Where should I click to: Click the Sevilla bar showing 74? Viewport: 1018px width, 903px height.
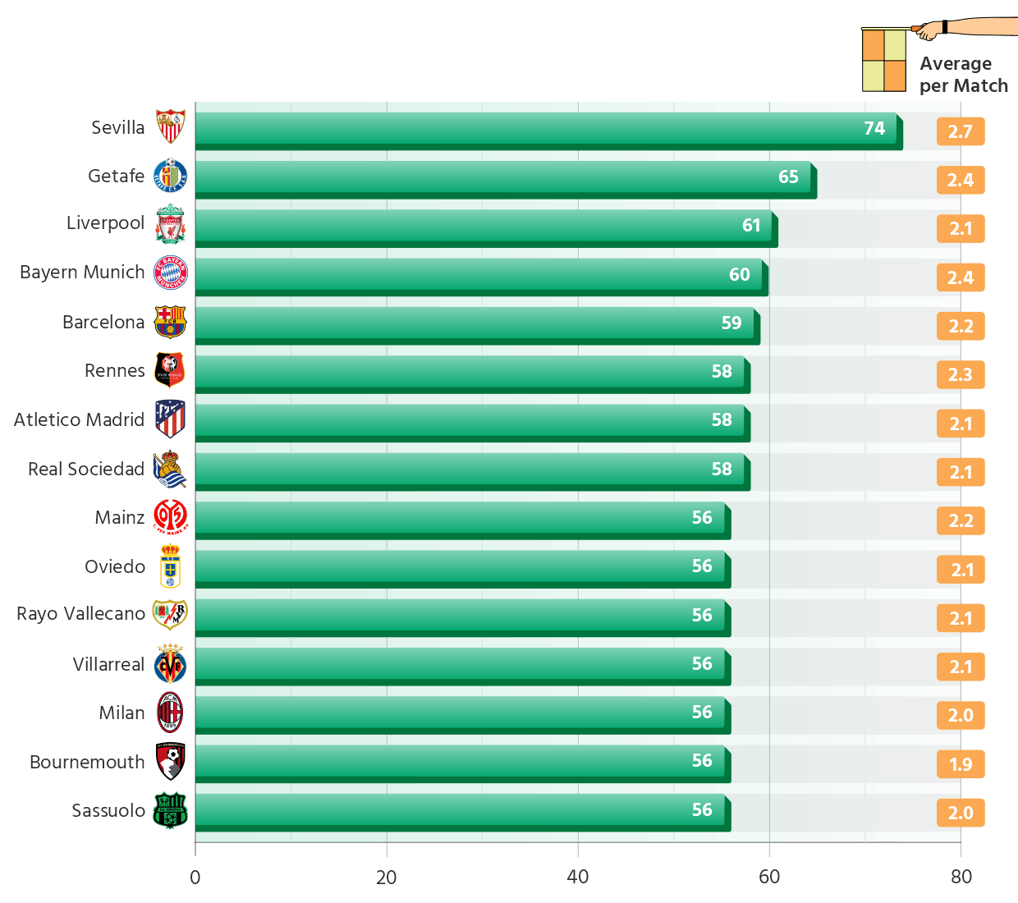546,128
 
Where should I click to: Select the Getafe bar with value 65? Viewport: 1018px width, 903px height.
502,176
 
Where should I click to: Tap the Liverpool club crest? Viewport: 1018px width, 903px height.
171,224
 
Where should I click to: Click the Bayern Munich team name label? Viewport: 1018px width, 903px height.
82,273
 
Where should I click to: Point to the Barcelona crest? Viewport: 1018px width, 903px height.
171,322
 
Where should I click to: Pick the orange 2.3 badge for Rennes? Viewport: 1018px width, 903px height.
960,375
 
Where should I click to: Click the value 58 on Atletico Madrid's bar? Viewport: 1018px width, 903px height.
722,420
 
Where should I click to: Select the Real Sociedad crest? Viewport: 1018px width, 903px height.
170,469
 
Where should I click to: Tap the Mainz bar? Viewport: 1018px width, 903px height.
460,518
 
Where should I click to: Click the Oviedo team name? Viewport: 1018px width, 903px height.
115,566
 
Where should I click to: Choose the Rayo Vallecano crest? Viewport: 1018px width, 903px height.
170,614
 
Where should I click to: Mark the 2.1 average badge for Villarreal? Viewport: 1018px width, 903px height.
960,667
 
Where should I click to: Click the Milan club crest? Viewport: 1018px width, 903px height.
170,713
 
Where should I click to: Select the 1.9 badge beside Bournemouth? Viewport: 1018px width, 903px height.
960,764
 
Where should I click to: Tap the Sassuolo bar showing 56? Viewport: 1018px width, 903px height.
460,809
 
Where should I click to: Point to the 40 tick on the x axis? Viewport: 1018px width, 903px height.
578,877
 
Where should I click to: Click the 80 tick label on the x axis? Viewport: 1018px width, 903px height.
961,877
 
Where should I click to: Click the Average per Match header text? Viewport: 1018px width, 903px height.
963,75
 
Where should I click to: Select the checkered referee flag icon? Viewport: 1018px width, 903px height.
883,60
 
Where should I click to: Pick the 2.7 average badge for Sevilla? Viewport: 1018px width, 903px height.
960,131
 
